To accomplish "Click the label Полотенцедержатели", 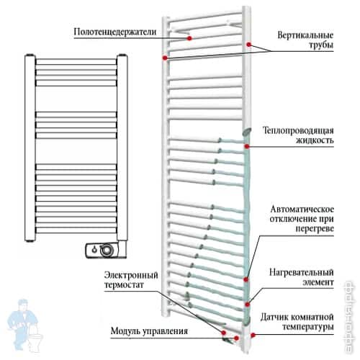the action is pos(115,32).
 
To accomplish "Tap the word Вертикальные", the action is pos(305,35).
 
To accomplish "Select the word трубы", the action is pos(321,45).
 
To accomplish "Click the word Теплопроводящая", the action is pos(298,130).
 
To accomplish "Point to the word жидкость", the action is pos(315,140).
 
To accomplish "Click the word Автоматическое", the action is pos(302,209).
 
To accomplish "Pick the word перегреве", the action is pos(315,228).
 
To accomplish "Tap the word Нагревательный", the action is pos(302,272).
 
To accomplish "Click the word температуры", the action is pos(308,327).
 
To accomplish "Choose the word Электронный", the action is pos(131,275).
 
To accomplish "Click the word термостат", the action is pos(124,285).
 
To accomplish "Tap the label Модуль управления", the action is pos(149,331).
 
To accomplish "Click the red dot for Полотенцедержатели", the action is pos(189,38).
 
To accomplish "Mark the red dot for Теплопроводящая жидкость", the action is pos(247,146).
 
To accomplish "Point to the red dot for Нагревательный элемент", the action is pos(248,305).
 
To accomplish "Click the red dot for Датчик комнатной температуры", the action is pos(253,335).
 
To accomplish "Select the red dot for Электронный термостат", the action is pos(224,333).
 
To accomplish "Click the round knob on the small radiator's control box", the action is pos(107,251).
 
